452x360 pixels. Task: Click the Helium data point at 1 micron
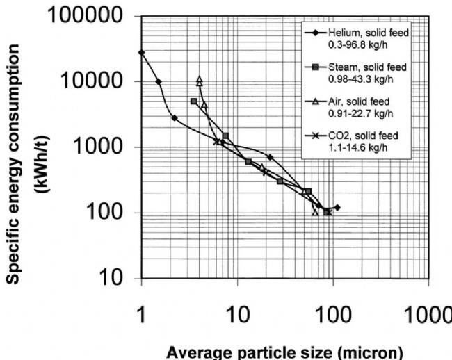coord(142,52)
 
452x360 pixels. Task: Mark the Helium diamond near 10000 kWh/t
coord(159,81)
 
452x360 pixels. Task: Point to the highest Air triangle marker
coord(200,79)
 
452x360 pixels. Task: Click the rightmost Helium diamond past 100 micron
coord(337,207)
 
